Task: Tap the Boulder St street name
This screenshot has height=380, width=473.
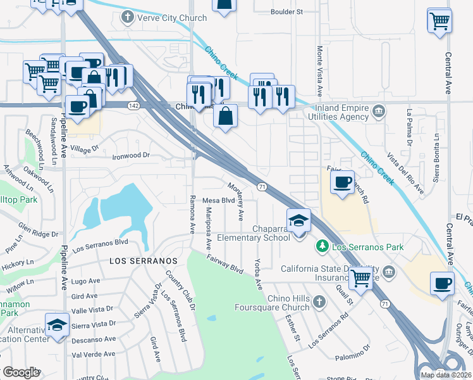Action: coord(286,11)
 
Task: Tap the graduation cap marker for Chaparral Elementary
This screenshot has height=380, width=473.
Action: coord(299,222)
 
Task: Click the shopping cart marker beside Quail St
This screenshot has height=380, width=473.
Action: coord(360,277)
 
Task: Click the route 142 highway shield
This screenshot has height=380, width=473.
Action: coord(133,105)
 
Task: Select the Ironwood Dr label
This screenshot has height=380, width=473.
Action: coord(130,155)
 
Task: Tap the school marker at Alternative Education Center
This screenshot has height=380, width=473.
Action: coord(58,326)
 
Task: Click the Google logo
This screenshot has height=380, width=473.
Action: coord(21,372)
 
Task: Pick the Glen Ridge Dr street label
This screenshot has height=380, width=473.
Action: coord(38,230)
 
